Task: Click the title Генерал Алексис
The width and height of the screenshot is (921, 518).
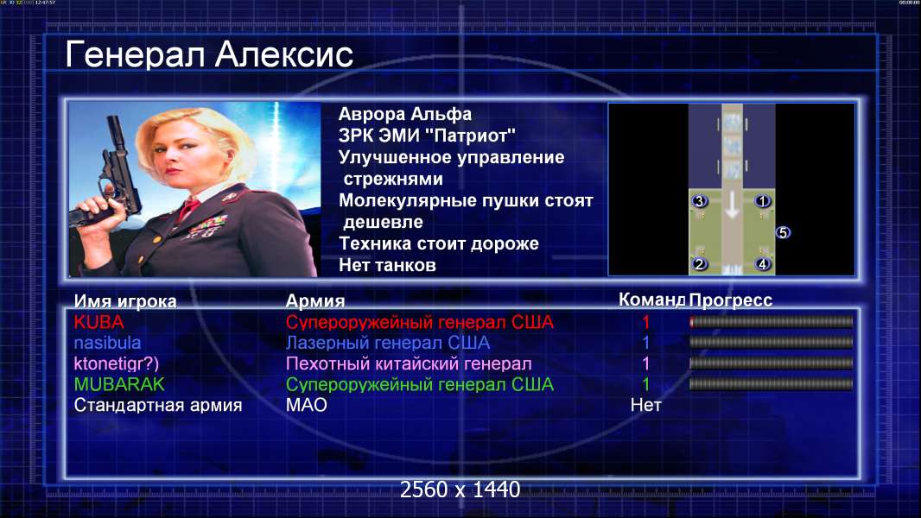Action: (209, 54)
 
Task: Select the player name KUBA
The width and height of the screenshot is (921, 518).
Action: (98, 322)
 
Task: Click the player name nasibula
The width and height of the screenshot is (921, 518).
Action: (107, 343)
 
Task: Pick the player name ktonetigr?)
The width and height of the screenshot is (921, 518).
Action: (117, 363)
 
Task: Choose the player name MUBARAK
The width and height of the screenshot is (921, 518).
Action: (119, 384)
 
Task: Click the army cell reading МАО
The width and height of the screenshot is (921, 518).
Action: (307, 405)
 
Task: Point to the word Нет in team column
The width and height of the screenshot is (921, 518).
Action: (645, 405)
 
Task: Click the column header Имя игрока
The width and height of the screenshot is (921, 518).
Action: (125, 301)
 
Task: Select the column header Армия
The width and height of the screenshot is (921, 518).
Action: (314, 301)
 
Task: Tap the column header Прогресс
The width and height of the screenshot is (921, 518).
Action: (730, 300)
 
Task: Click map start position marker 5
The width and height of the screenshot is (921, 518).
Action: (783, 233)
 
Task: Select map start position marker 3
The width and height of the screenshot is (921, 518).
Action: (699, 201)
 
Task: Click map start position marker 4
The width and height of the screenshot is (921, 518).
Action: (762, 264)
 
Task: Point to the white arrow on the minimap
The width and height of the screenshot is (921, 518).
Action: (731, 204)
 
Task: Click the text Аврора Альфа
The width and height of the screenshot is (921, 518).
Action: (404, 114)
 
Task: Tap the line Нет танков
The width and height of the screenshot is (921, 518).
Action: (387, 265)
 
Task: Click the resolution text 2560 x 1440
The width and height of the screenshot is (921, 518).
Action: (460, 490)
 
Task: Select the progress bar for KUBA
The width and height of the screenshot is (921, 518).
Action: (772, 321)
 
